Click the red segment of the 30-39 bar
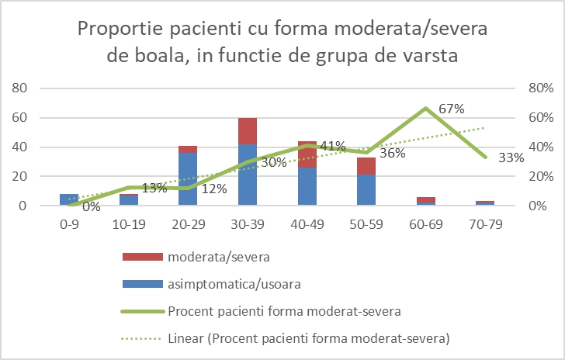(248, 130)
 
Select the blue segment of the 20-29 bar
(188, 179)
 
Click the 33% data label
(511, 157)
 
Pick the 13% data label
(154, 189)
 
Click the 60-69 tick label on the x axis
(426, 223)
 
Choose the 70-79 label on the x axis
(485, 223)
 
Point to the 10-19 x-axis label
(129, 223)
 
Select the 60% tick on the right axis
(541, 118)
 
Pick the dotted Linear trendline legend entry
(310, 338)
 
